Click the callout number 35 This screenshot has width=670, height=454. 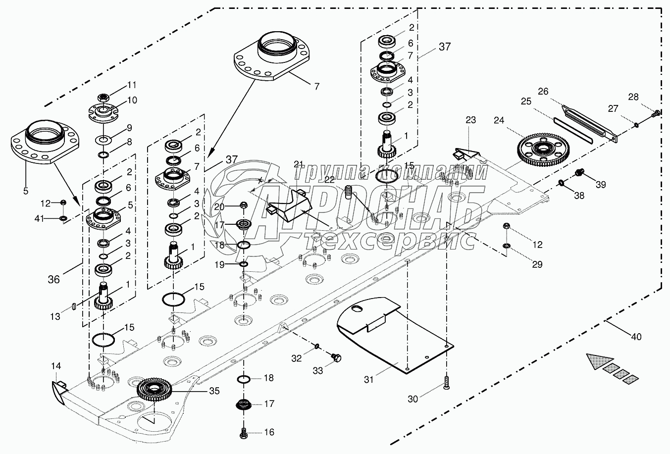point(213,391)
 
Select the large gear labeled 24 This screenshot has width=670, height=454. point(541,149)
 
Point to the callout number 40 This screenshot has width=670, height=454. point(636,337)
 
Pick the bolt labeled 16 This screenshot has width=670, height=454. point(244,432)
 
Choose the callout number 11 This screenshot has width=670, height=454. point(132,84)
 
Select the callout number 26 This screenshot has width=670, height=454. point(543,91)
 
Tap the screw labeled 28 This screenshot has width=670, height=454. point(656,113)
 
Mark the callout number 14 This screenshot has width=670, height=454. point(56,366)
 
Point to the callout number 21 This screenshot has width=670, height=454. point(298,164)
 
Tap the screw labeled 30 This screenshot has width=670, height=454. point(446,382)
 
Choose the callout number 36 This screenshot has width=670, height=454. point(53,279)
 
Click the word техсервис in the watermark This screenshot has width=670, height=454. point(389,243)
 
